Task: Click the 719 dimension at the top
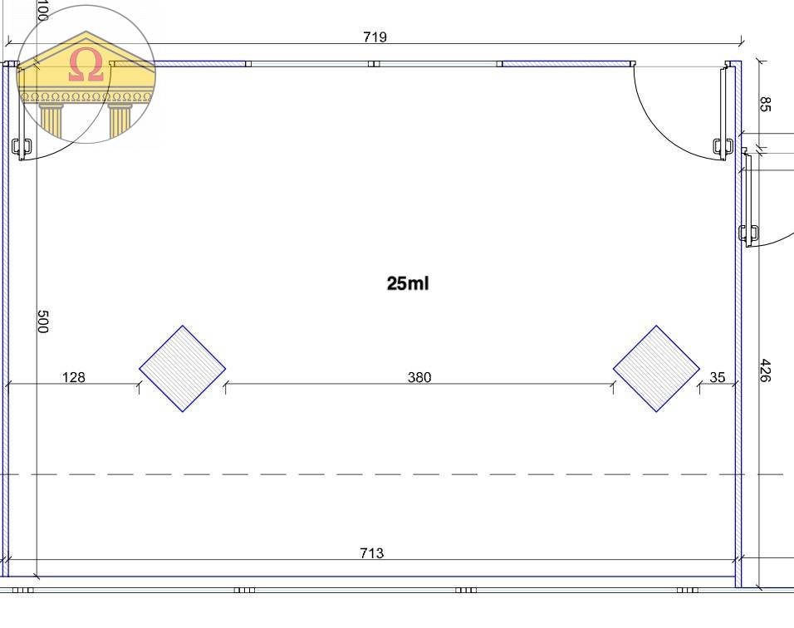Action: [x=375, y=37]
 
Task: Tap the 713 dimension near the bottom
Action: [x=372, y=552]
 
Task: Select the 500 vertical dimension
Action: [x=43, y=321]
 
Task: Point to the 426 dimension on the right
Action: [x=765, y=370]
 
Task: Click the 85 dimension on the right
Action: [x=765, y=105]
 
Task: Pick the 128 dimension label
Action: [x=73, y=377]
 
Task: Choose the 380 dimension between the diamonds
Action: [x=419, y=377]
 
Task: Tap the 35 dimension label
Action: [x=717, y=377]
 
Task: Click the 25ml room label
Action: [x=408, y=283]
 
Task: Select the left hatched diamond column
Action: [x=182, y=369]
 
